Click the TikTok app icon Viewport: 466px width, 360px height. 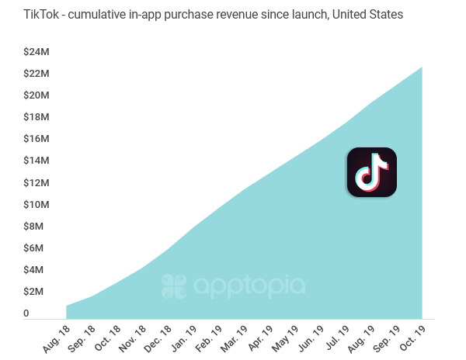pos(371,171)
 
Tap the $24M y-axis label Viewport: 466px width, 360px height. pos(37,52)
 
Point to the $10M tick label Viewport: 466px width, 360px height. pos(37,204)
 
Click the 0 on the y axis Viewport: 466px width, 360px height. pos(26,313)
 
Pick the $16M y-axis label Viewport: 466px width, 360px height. pos(37,139)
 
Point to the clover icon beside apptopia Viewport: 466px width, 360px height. pos(175,286)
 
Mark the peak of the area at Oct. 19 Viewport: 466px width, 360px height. pos(422,67)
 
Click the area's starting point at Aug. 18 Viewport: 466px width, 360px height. pos(67,306)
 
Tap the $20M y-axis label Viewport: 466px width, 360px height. pos(37,95)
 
